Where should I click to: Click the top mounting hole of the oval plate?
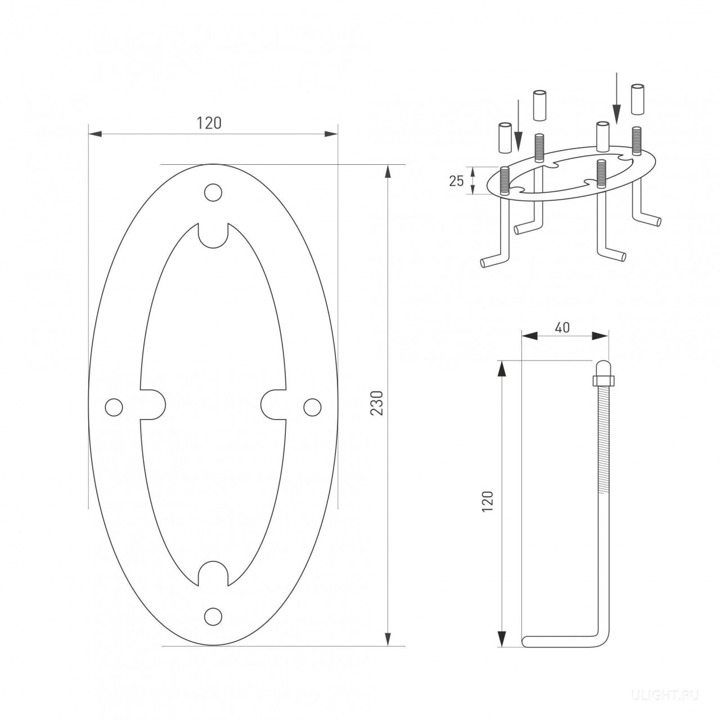[213, 192]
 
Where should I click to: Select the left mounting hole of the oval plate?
[114, 407]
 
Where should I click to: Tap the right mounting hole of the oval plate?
[312, 407]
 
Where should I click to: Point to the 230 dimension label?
[377, 403]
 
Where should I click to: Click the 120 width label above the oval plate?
[209, 123]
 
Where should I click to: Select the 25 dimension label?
[456, 181]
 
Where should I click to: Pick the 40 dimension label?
[562, 328]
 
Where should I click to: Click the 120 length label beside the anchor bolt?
[488, 502]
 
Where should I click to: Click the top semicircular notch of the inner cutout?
[213, 235]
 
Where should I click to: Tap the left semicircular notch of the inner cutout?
[153, 404]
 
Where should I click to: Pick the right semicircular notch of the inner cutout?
[273, 404]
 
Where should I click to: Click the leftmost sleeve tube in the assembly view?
[505, 137]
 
